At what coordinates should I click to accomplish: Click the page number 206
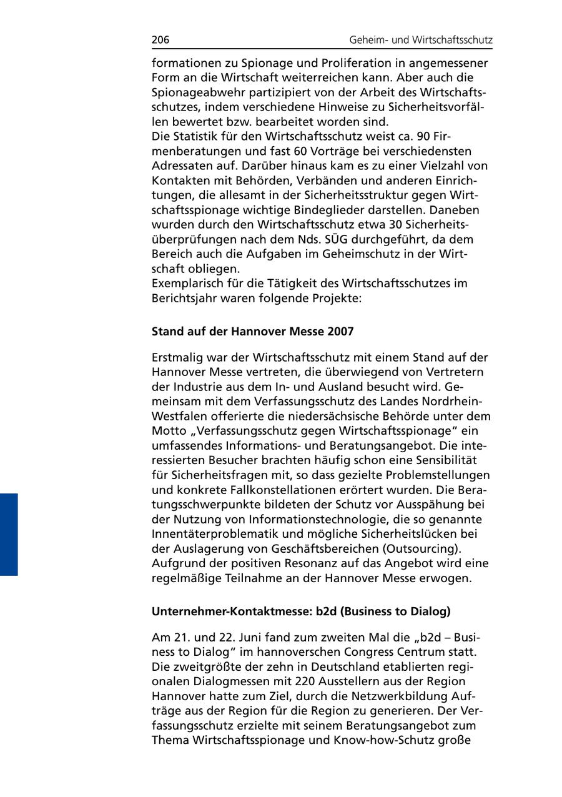(160, 41)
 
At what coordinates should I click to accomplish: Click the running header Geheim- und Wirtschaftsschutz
(420, 41)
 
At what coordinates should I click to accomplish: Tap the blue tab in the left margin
(9, 534)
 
